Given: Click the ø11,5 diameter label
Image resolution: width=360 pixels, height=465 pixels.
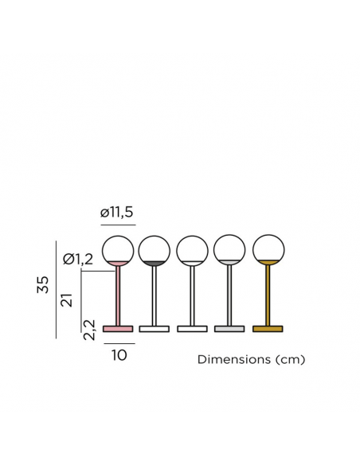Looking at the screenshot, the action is (x=116, y=213).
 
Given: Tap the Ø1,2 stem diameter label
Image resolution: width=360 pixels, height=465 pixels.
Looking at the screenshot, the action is (x=78, y=260).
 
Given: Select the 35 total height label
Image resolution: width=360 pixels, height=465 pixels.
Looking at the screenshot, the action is (x=43, y=285).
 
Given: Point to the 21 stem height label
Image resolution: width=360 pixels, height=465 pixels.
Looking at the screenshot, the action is (x=67, y=300).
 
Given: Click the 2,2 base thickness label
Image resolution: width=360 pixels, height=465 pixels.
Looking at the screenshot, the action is (x=89, y=330).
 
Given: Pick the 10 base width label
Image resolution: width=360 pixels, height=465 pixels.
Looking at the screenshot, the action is (x=119, y=355).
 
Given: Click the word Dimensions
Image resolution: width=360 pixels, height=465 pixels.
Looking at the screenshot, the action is (x=234, y=359).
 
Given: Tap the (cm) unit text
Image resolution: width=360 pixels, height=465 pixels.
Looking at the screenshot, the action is (x=290, y=360).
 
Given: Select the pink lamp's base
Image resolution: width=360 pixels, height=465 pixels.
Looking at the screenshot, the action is (x=118, y=329).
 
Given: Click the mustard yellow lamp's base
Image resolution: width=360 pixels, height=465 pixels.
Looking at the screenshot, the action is (x=268, y=329).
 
